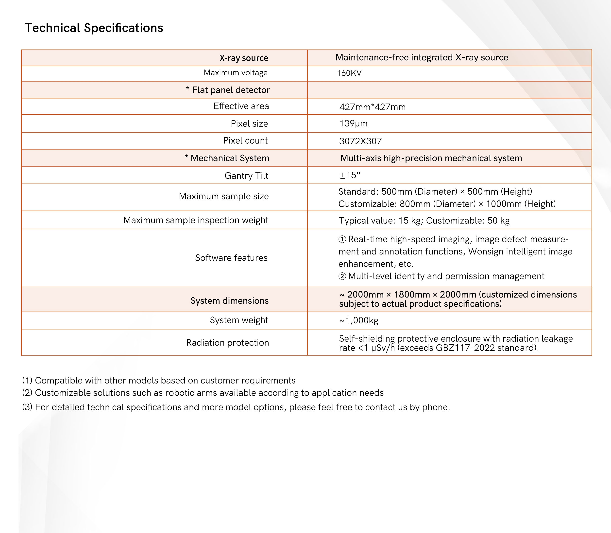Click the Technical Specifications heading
(94, 28)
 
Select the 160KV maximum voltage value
(349, 73)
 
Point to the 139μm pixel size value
(353, 123)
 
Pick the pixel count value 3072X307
(360, 141)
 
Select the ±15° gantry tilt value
(350, 175)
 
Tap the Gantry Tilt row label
(246, 175)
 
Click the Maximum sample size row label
(223, 196)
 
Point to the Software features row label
(231, 258)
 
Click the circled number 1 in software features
(342, 239)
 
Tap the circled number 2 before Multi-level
(342, 276)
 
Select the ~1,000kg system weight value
(359, 320)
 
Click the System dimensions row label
(229, 301)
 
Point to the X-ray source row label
(244, 58)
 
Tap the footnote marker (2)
(27, 393)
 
